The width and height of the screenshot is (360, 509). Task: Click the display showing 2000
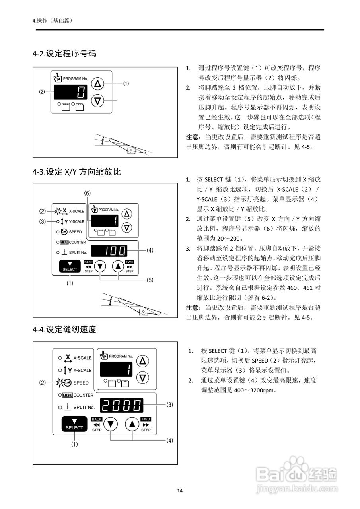coord(121,405)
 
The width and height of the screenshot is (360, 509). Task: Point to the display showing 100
coord(109,251)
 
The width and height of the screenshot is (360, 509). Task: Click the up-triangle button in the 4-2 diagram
coord(97,84)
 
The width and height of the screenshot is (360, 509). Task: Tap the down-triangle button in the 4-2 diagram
coord(97,101)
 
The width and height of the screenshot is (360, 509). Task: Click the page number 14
coord(180,490)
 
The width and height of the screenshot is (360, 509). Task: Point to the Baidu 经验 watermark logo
coord(297,473)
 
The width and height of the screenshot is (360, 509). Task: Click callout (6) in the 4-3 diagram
coord(88,193)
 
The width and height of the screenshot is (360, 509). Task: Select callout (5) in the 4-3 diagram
coord(150,280)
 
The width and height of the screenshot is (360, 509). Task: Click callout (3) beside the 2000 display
coord(170,405)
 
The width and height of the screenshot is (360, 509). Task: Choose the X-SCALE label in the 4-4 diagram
coord(82,358)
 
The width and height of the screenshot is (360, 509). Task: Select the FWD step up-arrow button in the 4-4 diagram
coord(131,424)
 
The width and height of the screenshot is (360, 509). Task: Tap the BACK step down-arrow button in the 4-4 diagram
coord(111,424)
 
